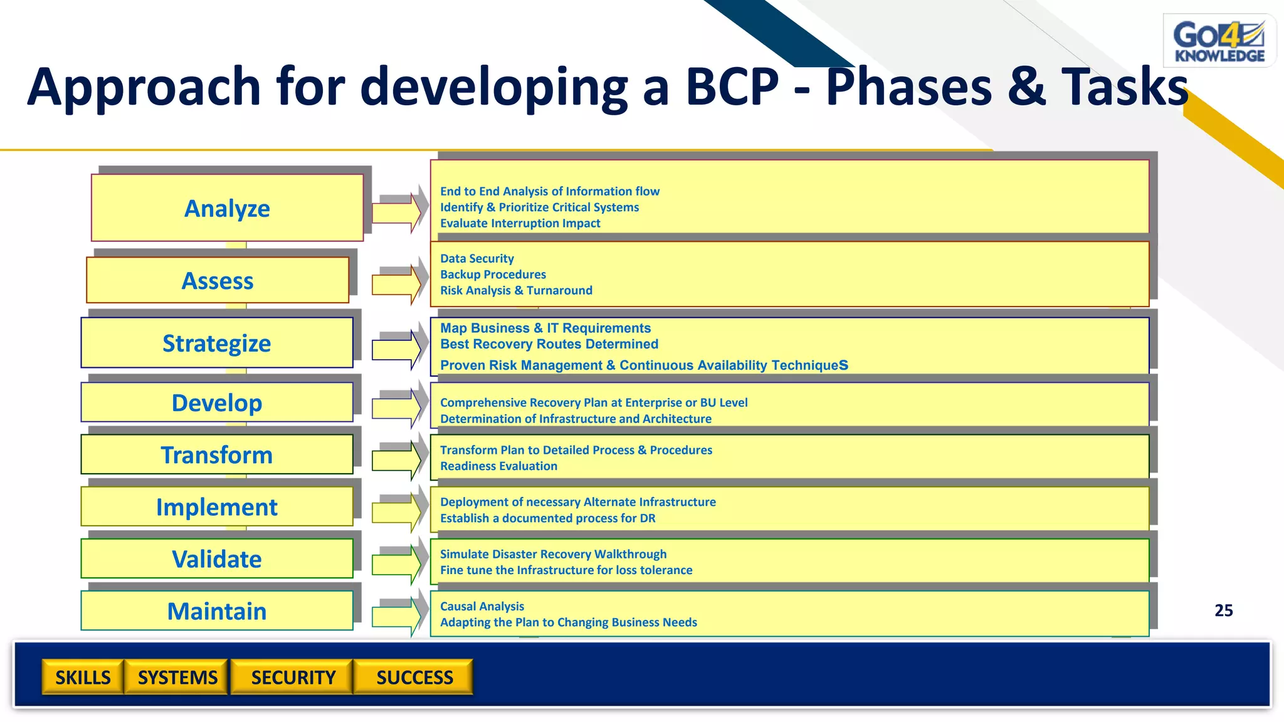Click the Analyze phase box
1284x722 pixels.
227,208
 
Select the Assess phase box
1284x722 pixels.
218,281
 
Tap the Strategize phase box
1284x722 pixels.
217,343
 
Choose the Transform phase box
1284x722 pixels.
217,454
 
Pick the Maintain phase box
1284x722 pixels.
217,610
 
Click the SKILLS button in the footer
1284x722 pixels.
83,677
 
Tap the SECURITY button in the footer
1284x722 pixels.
293,677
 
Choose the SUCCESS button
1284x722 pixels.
414,677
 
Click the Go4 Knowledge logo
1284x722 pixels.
1219,41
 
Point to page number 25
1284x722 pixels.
1223,610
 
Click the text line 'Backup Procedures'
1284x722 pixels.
493,275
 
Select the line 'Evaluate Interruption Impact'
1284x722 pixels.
520,223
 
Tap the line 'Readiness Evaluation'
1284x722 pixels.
498,466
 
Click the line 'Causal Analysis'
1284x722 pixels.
481,606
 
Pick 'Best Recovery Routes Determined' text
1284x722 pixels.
549,344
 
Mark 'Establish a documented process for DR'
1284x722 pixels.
547,518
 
